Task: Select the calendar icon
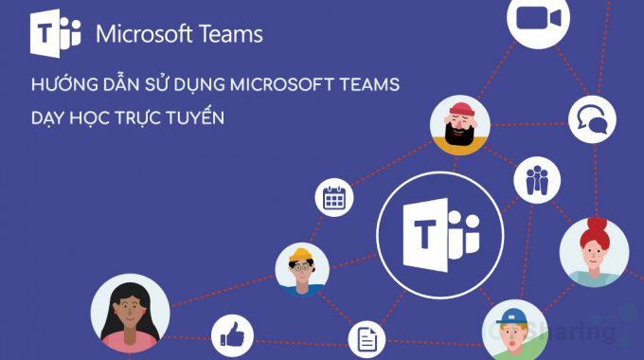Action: coord(332,196)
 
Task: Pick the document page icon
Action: coord(366,338)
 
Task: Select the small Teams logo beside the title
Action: coord(56,37)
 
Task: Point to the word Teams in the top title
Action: coord(227,35)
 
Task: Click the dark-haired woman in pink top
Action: coord(130,314)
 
